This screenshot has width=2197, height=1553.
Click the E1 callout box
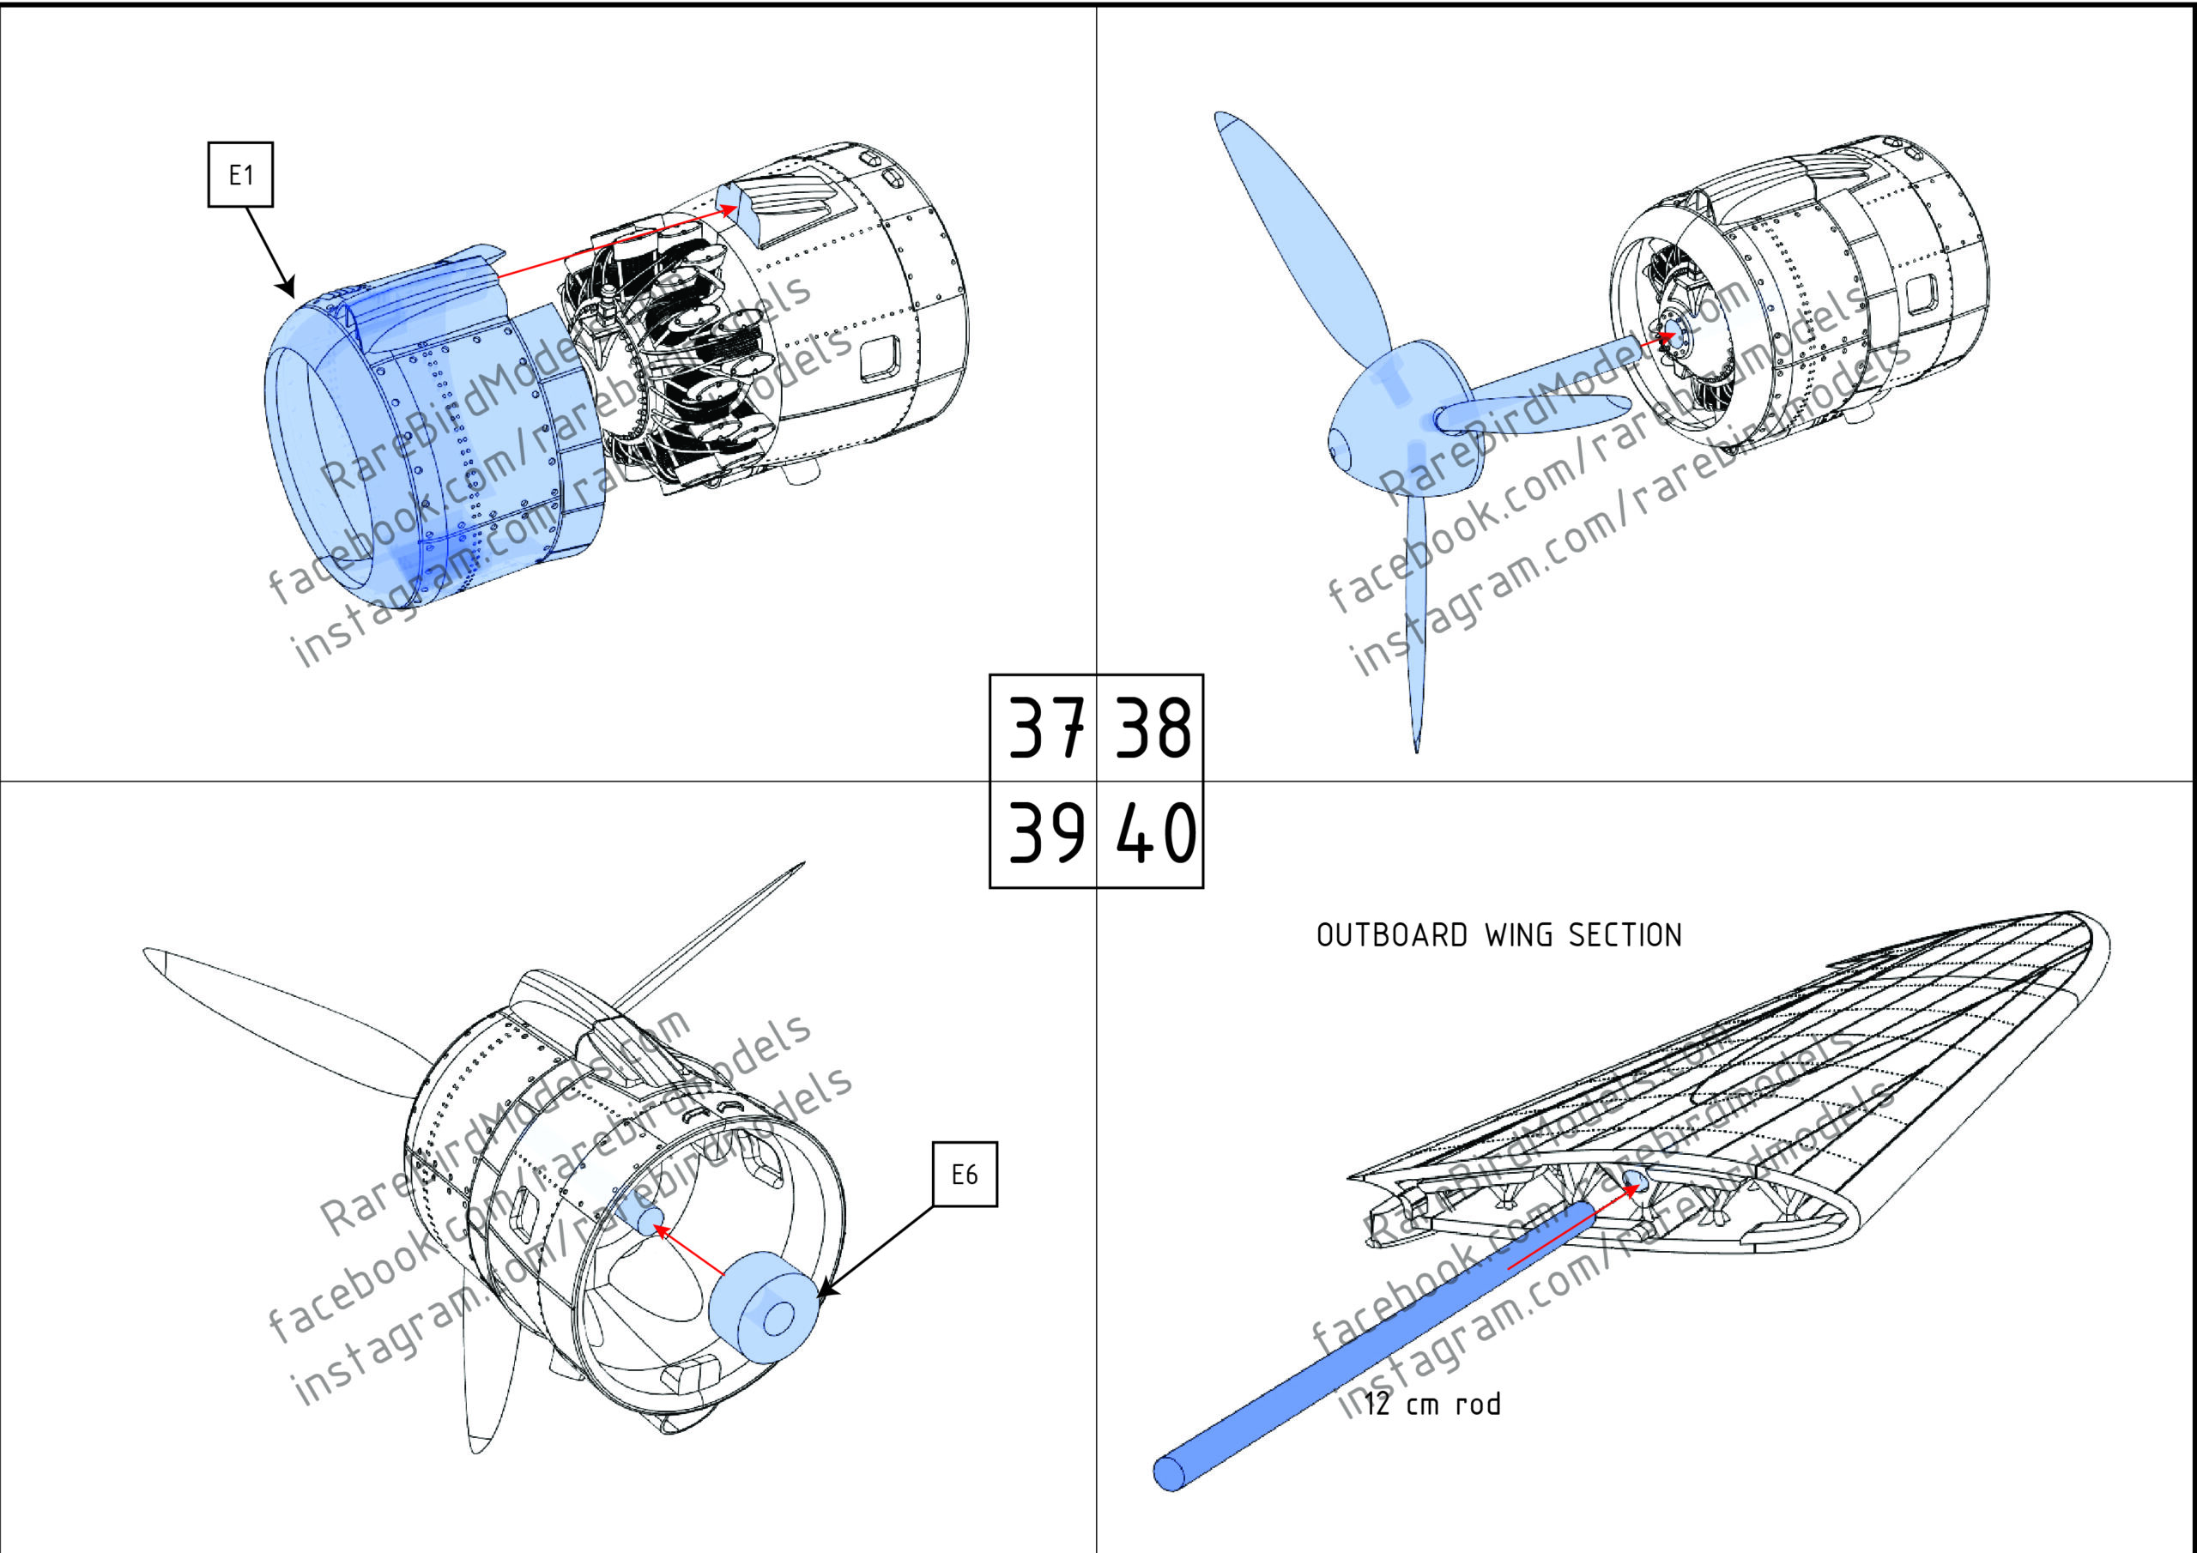tap(240, 174)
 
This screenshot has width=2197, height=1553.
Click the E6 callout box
tap(965, 1174)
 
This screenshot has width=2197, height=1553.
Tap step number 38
tap(1151, 728)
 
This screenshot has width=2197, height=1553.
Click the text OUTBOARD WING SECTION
tap(1498, 935)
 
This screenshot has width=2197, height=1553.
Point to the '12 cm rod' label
tap(1432, 1405)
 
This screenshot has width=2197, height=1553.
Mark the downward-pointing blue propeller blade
tap(1414, 613)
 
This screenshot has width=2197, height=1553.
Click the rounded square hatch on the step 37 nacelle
tap(880, 359)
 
